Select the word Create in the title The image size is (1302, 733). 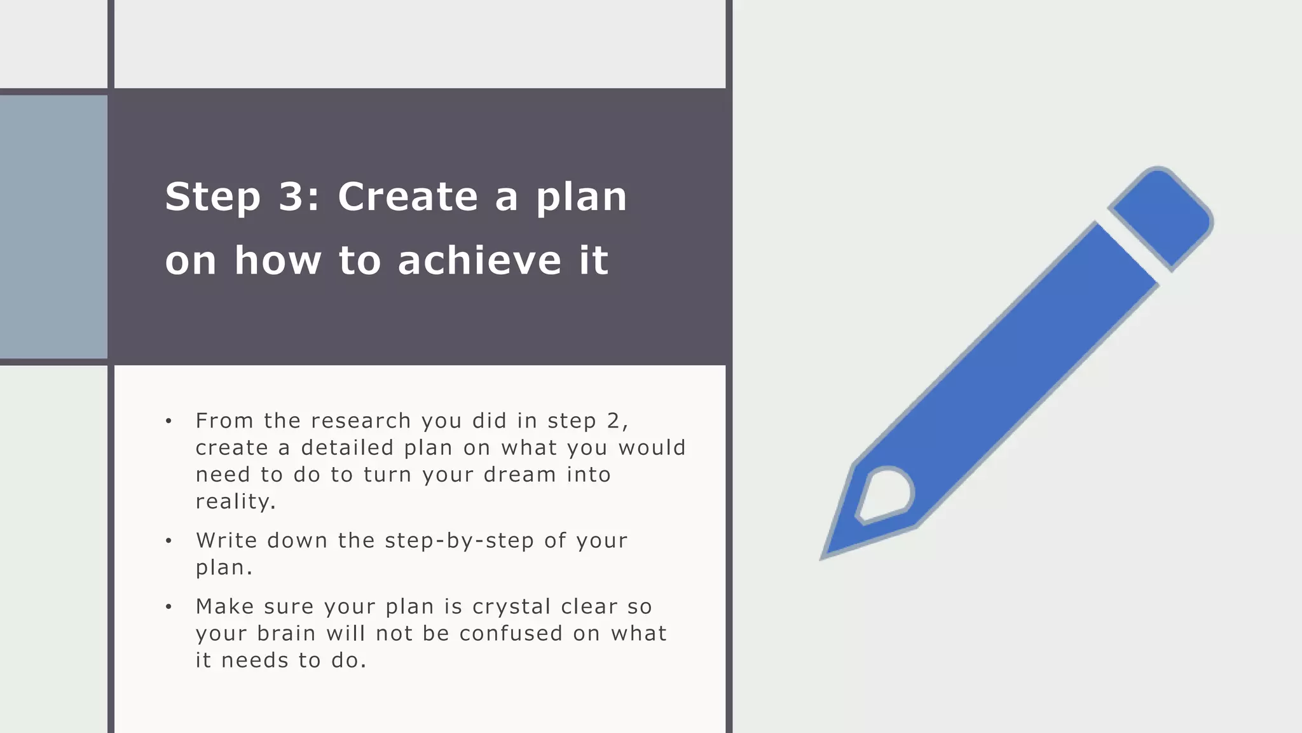408,197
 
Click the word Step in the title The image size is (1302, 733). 212,198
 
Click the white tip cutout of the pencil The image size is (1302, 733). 884,496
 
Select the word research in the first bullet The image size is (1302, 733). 361,421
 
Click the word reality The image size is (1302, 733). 235,502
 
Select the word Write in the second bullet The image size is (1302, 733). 226,541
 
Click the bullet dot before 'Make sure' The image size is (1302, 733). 168,607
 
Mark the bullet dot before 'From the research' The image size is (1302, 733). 168,421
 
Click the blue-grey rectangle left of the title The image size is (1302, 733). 53,227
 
